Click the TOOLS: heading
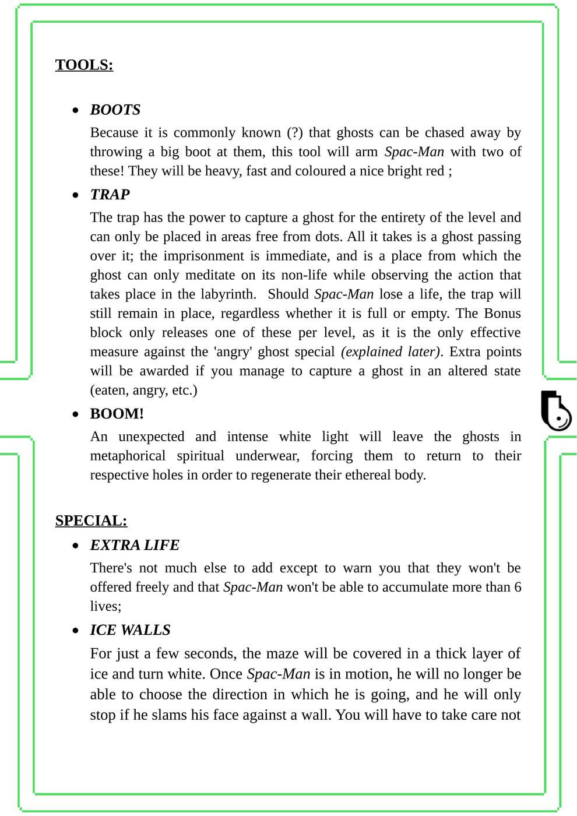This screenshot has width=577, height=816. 84,65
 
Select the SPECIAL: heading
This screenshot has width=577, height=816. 91,520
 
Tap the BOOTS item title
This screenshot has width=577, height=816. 115,110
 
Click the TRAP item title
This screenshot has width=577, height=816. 110,195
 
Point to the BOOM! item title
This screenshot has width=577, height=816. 117,414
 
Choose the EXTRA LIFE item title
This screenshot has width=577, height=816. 134,545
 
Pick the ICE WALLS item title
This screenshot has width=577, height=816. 130,630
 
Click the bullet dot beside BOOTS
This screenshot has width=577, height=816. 75,110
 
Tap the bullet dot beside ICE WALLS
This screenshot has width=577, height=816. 75,631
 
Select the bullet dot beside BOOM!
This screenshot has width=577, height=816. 75,414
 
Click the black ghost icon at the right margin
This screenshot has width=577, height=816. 555,410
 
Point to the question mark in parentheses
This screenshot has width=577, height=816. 295,133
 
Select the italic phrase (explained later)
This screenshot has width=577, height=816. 390,352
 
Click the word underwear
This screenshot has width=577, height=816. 265,456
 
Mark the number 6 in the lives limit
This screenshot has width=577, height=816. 517,587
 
